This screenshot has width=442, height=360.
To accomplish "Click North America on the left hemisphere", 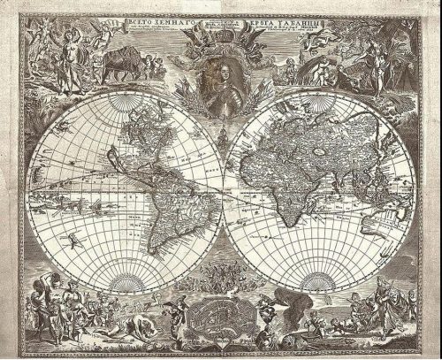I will (124, 142).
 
